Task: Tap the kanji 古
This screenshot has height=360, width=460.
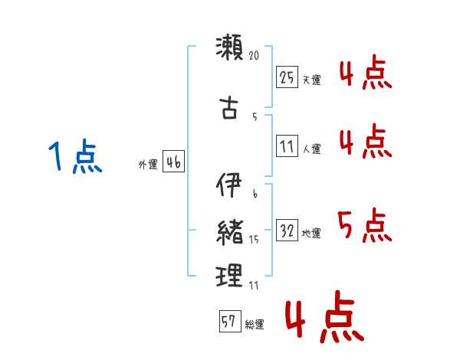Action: tap(229, 108)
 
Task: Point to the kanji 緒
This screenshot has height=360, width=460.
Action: tap(229, 230)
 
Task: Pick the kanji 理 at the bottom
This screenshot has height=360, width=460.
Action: tap(229, 275)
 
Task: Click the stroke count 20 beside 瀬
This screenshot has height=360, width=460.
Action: tap(255, 56)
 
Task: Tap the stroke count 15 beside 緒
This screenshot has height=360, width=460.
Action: tap(255, 240)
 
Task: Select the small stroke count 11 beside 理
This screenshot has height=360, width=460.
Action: tap(255, 285)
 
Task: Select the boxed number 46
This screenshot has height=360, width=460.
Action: tap(173, 162)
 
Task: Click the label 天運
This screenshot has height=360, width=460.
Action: tap(311, 80)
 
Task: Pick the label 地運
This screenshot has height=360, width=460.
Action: tap(311, 234)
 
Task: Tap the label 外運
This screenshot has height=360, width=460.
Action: tap(148, 165)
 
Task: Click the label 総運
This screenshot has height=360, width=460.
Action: tap(255, 325)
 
